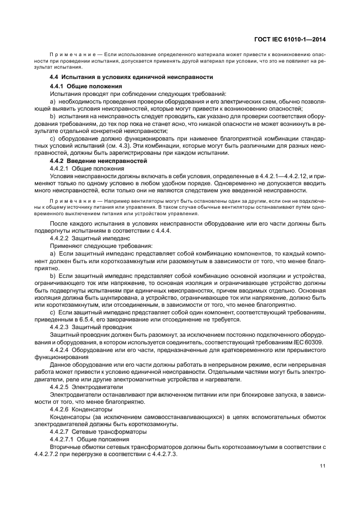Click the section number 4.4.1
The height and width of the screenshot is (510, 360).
tap(57, 87)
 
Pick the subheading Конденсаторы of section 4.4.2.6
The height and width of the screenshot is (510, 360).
tap(95, 409)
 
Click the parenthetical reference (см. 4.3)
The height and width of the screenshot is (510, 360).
tap(125, 147)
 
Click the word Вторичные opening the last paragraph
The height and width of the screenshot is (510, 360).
tap(65, 446)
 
